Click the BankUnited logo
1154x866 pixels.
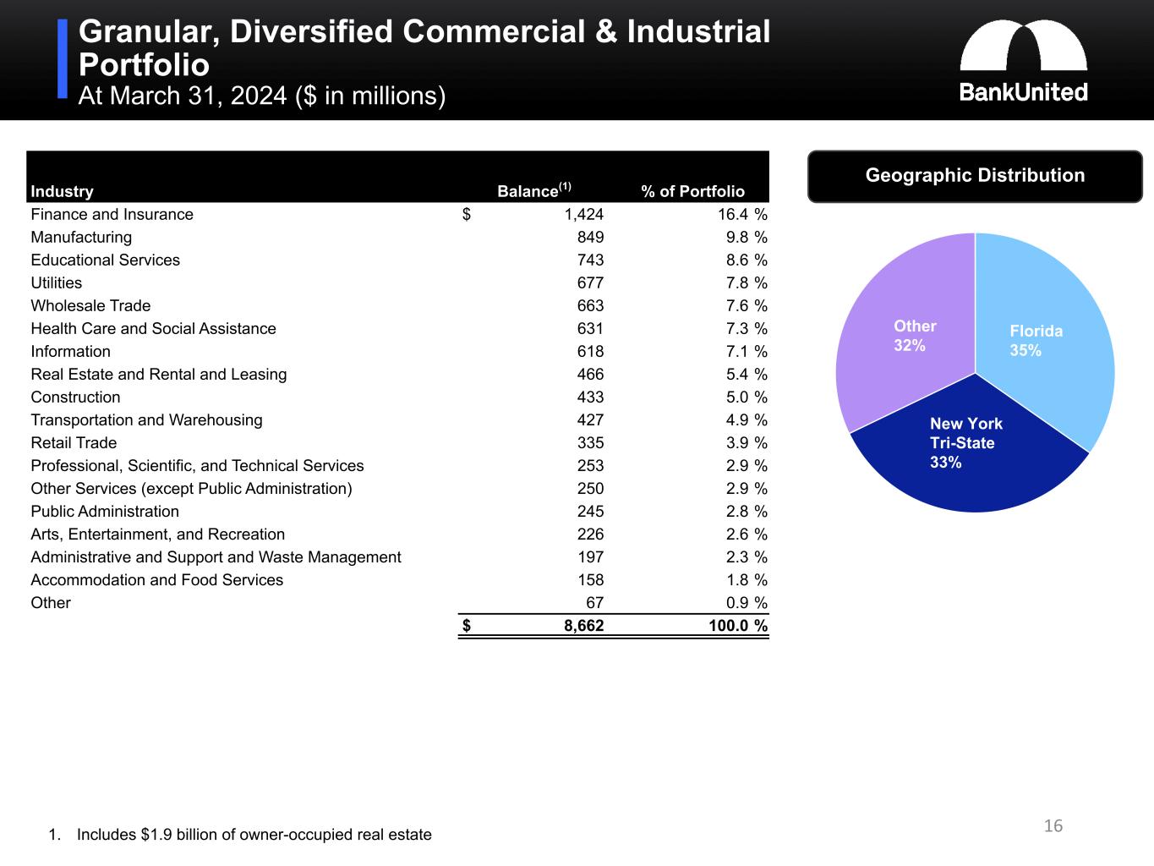coord(1023,61)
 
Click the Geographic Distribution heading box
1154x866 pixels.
coord(975,176)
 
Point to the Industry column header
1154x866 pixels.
coord(62,191)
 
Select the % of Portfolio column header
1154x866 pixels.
coord(692,191)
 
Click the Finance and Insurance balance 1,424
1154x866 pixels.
coord(583,215)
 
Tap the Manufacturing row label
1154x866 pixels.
coord(81,238)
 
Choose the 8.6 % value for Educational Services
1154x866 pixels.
coord(747,260)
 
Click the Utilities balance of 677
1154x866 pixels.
coord(590,283)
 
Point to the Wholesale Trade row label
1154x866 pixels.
coord(90,306)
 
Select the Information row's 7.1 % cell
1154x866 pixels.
coord(747,352)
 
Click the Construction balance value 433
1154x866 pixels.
coord(590,397)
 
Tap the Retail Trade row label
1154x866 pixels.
coord(74,443)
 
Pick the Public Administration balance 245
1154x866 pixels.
coord(590,512)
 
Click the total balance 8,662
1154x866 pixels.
coord(583,627)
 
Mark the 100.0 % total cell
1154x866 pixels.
coord(737,627)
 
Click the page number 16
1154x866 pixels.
coord(1053,826)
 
